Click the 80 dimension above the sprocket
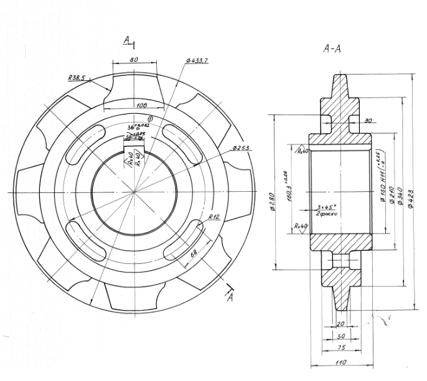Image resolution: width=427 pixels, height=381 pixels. (x=134, y=59)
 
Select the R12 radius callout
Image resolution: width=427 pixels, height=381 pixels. (x=214, y=217)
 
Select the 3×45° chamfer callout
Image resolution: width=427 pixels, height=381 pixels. (x=326, y=207)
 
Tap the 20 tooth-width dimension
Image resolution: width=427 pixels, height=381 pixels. (x=340, y=324)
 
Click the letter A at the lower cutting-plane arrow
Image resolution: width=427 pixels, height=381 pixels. (x=230, y=298)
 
